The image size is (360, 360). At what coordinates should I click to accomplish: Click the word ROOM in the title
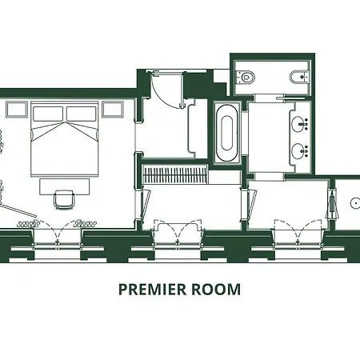pyautogui.click(x=216, y=290)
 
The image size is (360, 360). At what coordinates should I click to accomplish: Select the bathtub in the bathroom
pyautogui.click(x=227, y=134)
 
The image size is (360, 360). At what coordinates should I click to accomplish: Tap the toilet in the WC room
pyautogui.click(x=245, y=77)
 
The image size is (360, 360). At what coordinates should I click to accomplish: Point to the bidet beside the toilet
pyautogui.click(x=299, y=77)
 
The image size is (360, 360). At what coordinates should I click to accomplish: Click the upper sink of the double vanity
pyautogui.click(x=299, y=124)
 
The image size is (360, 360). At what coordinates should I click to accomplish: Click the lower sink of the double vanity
pyautogui.click(x=299, y=151)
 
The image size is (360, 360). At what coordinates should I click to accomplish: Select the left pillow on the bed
pyautogui.click(x=48, y=114)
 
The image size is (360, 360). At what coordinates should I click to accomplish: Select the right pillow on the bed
pyautogui.click(x=82, y=114)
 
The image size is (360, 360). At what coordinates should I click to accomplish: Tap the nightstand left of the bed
pyautogui.click(x=17, y=110)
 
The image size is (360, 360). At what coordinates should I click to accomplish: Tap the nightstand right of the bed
pyautogui.click(x=113, y=109)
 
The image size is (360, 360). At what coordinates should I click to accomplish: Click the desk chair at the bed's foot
pyautogui.click(x=64, y=199)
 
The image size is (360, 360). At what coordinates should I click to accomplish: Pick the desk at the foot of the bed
pyautogui.click(x=65, y=186)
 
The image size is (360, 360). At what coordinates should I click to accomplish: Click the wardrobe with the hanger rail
pyautogui.click(x=175, y=174)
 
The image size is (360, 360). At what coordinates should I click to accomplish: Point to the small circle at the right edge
pyautogui.click(x=355, y=203)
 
